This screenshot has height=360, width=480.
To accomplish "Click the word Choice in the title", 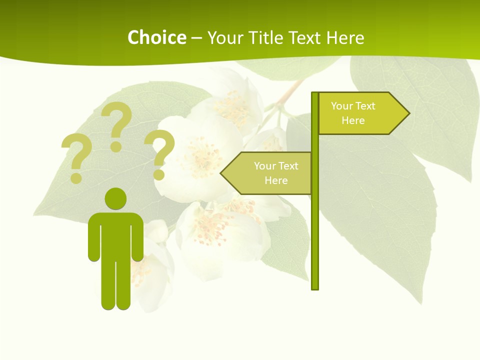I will click(156, 37).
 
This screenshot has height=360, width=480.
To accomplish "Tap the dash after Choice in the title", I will click(196, 38).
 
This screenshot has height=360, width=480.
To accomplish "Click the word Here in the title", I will click(345, 37).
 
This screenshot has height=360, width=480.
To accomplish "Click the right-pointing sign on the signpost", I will click(360, 113).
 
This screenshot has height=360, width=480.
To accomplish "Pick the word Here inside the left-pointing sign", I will click(276, 180).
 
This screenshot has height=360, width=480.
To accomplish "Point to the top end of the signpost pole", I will click(315, 94).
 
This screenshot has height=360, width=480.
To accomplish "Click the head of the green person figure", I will click(115, 198).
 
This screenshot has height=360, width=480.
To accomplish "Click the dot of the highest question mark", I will click(116, 146).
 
